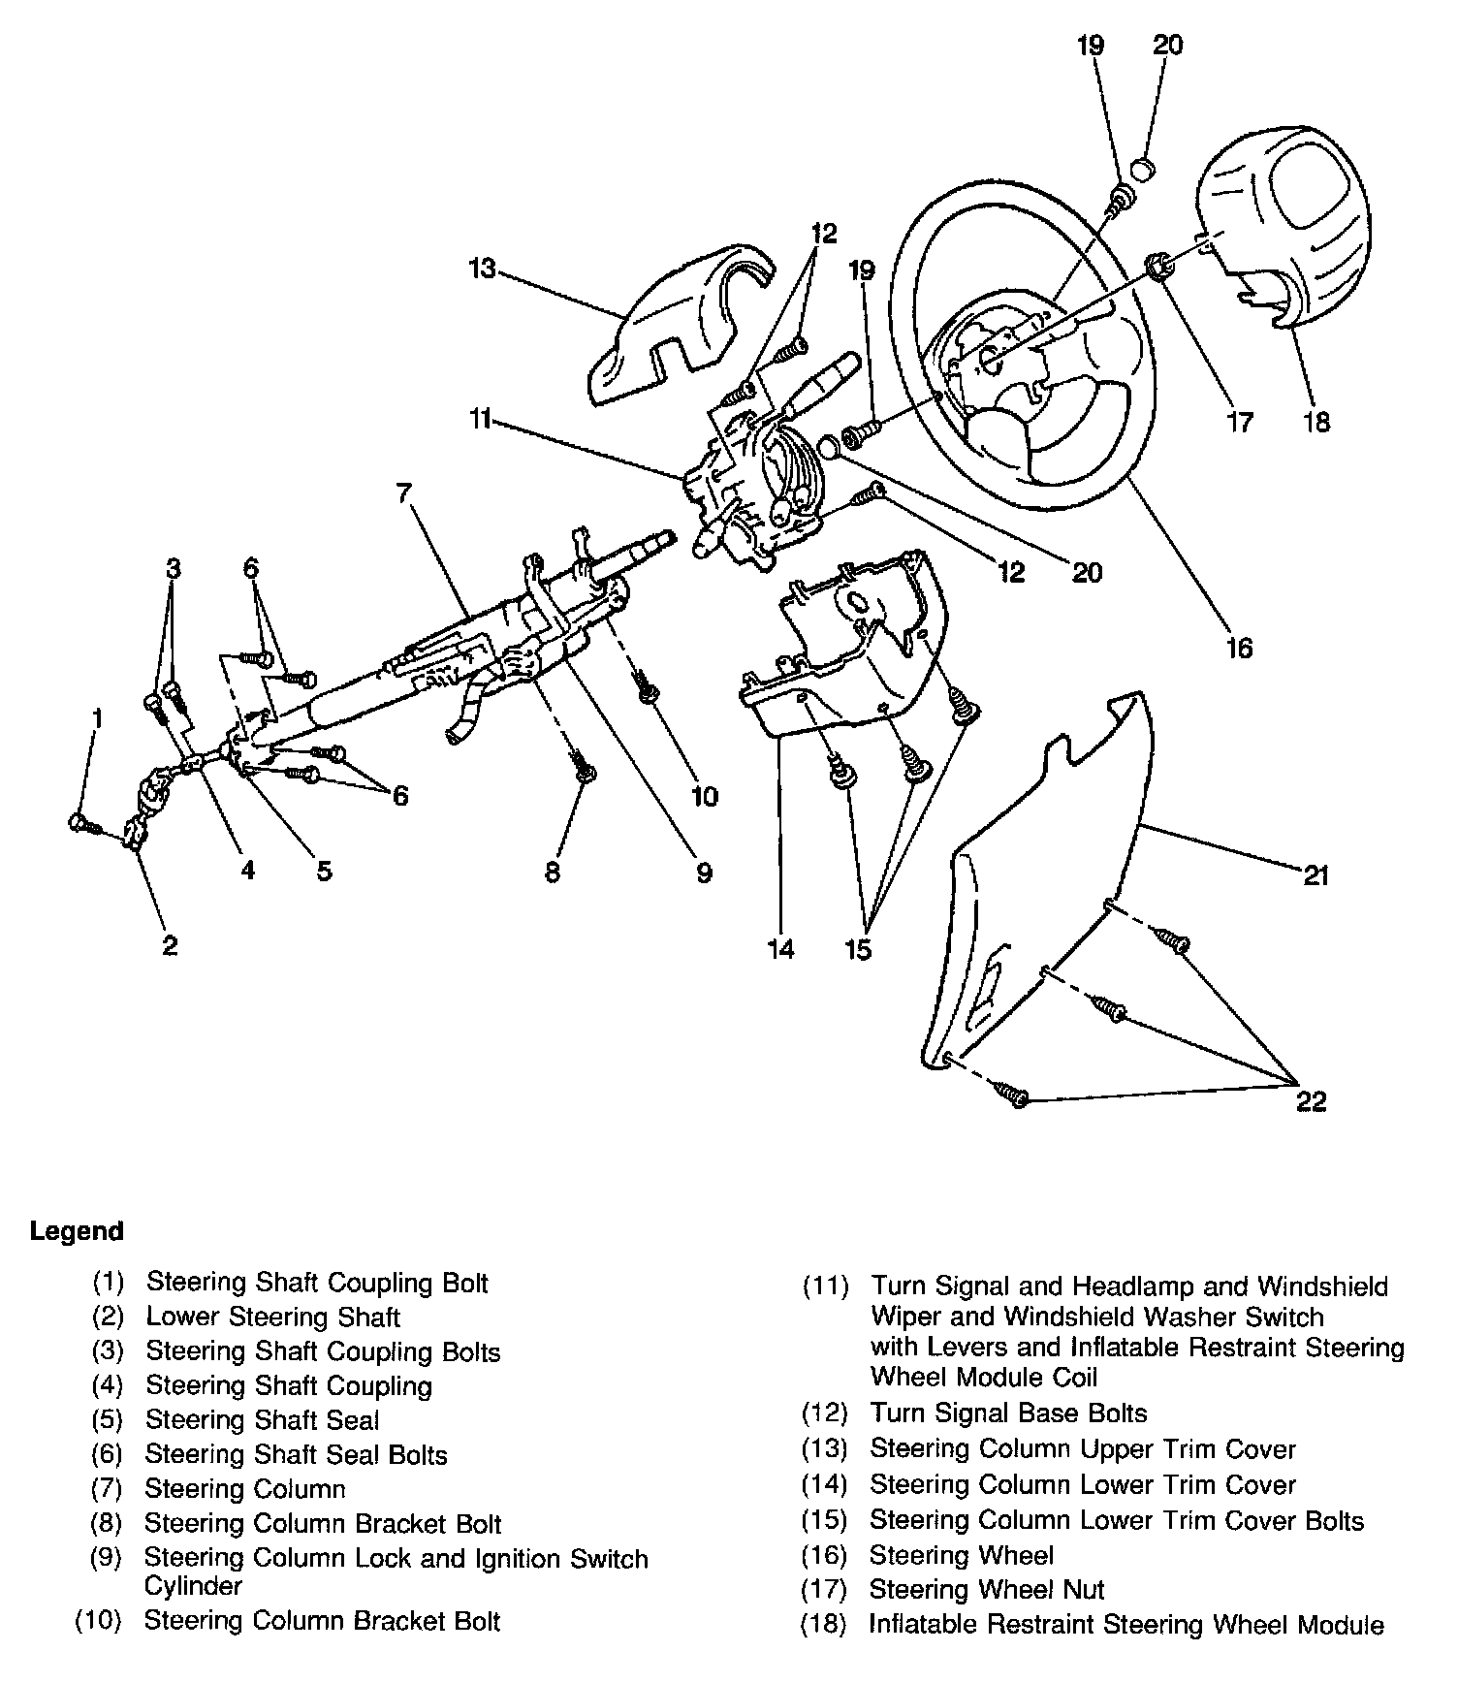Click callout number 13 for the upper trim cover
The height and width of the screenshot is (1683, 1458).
pos(482,268)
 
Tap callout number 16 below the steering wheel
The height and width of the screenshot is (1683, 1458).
pos(1239,647)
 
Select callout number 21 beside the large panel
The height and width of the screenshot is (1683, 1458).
pos(1315,875)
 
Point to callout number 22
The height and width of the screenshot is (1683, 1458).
pos(1311,1101)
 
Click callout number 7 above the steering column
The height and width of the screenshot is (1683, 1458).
pos(405,493)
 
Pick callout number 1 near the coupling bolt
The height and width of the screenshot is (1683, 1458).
pos(97,717)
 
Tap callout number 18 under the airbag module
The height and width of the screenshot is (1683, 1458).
pos(1316,422)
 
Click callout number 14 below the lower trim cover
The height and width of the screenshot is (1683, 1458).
pos(781,948)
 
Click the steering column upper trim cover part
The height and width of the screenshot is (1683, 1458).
pos(679,320)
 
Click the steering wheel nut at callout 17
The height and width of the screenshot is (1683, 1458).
pos(1157,265)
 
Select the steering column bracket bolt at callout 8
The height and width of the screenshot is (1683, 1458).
pos(584,766)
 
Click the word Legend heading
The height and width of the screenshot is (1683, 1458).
pos(77,1231)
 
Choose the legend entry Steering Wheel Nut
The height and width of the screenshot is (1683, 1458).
pos(987,1590)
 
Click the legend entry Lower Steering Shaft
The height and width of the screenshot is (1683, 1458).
pos(272,1317)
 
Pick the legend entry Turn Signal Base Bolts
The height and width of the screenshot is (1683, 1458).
pos(1008,1413)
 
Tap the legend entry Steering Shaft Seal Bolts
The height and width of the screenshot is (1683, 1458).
pos(296,1454)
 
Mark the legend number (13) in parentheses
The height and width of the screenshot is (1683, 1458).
pos(824,1449)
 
